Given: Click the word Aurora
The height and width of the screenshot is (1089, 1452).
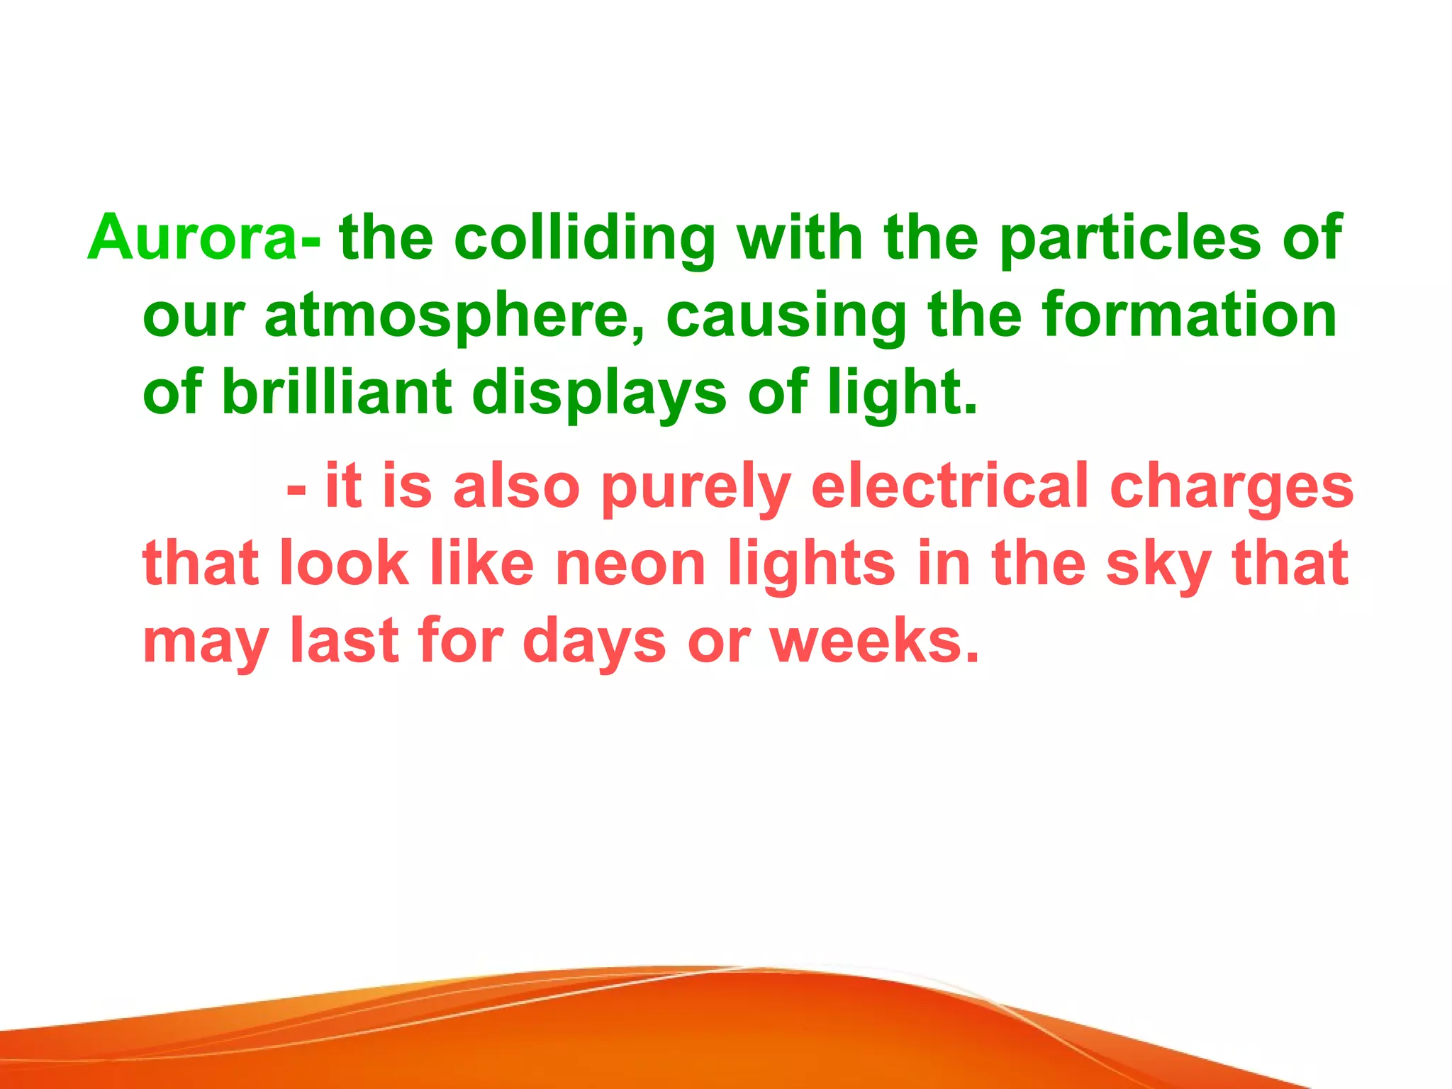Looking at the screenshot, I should pos(191,238).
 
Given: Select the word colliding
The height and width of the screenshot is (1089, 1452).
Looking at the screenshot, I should pos(584,238).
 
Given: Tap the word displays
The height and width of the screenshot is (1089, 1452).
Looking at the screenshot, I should pos(599,394).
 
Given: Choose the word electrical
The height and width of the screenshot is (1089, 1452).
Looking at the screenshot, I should pos(950,486).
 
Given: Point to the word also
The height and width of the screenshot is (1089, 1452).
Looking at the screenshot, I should pos(516,486).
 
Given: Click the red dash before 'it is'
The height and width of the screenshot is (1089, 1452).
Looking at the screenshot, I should pos(296,489).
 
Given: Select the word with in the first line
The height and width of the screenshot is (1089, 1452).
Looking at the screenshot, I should pos(800,238).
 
